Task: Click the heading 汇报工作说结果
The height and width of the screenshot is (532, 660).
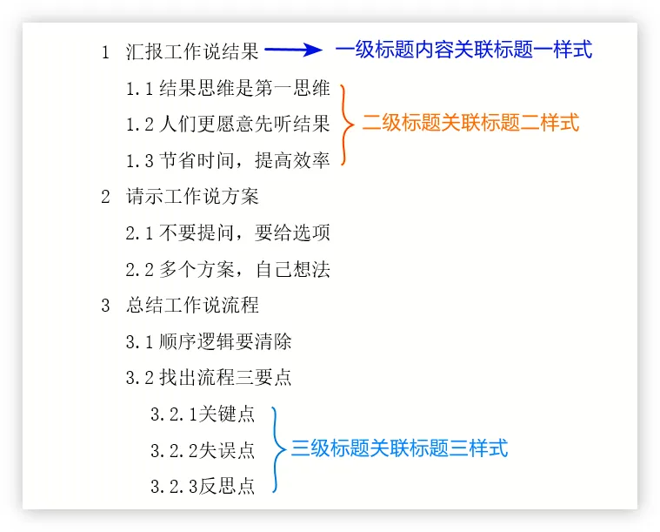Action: pos(192,51)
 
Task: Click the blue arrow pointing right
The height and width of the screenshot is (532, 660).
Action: pos(293,51)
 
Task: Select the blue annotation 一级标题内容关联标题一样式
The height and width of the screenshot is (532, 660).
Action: pos(463,50)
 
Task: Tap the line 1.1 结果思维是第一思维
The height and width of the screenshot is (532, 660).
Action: pos(228,88)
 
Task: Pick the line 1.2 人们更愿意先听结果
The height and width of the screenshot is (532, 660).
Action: pos(228,125)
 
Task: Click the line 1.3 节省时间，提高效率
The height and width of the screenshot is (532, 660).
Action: pos(228,160)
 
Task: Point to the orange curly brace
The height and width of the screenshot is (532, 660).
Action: pos(346,125)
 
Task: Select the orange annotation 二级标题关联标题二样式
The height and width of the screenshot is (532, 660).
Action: pos(470,123)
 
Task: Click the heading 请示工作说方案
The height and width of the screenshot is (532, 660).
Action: pos(192,197)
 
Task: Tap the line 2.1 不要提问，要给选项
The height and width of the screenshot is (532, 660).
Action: pos(228,233)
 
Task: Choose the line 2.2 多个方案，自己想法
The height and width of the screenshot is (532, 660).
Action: pos(228,269)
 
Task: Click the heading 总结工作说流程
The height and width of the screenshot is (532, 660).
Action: pos(192,306)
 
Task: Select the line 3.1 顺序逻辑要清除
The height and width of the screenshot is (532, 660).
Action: pos(209,342)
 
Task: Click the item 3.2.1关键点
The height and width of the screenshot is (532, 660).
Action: pos(203,414)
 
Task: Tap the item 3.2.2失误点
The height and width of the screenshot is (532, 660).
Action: pos(203,450)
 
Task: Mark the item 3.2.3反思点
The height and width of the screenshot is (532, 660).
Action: pos(203,487)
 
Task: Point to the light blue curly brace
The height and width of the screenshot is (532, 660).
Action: pos(277,449)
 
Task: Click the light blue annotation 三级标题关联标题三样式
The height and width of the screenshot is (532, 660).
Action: pos(399,448)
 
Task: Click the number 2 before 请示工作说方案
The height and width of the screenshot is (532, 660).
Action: pos(106,197)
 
